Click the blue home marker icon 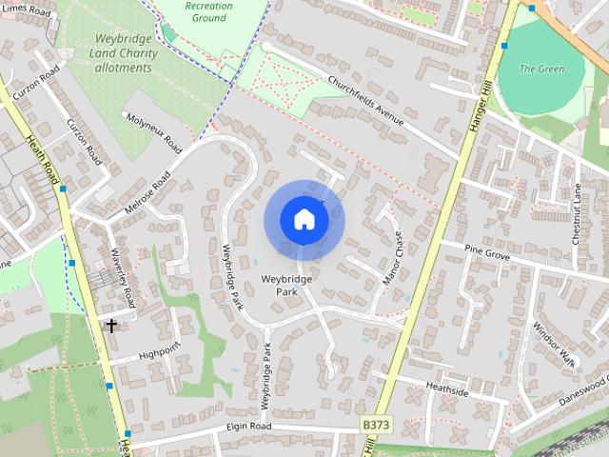click(x=304, y=220)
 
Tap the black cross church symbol click(x=111, y=326)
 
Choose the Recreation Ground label click(x=209, y=11)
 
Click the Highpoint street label click(x=159, y=353)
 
